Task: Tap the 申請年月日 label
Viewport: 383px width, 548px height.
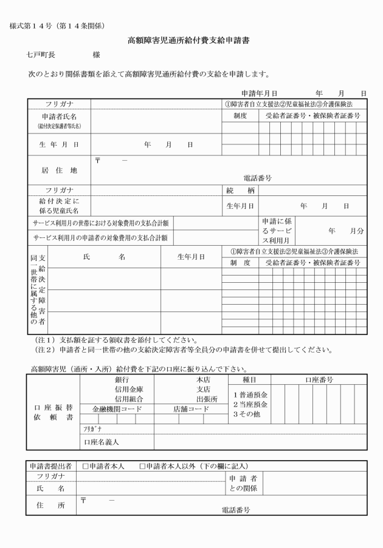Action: (260, 93)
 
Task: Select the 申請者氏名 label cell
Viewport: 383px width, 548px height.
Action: (59, 119)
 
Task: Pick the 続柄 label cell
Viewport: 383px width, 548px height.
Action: (240, 190)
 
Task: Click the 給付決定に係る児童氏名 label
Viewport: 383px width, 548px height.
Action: (59, 205)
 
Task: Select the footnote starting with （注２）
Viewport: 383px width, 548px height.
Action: (182, 350)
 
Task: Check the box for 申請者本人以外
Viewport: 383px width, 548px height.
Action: (142, 466)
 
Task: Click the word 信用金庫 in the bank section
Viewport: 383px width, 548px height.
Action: (129, 389)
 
